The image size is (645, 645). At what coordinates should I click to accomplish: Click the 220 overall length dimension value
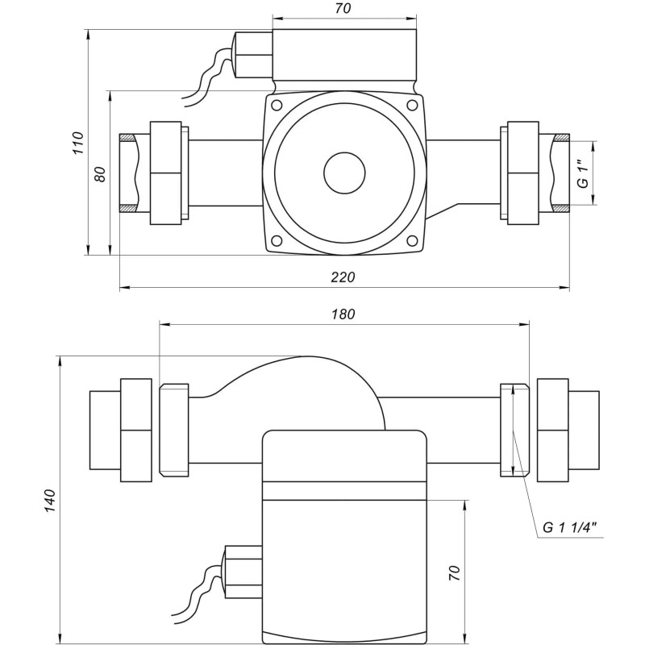[x=343, y=277]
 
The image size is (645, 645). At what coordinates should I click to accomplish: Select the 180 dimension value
[x=343, y=314]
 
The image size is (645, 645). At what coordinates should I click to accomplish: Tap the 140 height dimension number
[x=50, y=500]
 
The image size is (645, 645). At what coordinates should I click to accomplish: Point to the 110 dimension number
[x=77, y=143]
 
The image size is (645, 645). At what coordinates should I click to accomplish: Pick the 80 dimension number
[x=100, y=174]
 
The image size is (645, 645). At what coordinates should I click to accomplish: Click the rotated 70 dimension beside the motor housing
[x=454, y=573]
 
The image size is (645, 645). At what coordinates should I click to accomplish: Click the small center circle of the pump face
[x=344, y=173]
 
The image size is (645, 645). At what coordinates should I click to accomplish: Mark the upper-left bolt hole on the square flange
[x=277, y=106]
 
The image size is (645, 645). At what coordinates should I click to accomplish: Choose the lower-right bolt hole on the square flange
[x=413, y=240]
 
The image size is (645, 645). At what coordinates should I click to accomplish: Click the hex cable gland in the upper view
[x=252, y=55]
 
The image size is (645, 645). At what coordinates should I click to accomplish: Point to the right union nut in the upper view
[x=520, y=173]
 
